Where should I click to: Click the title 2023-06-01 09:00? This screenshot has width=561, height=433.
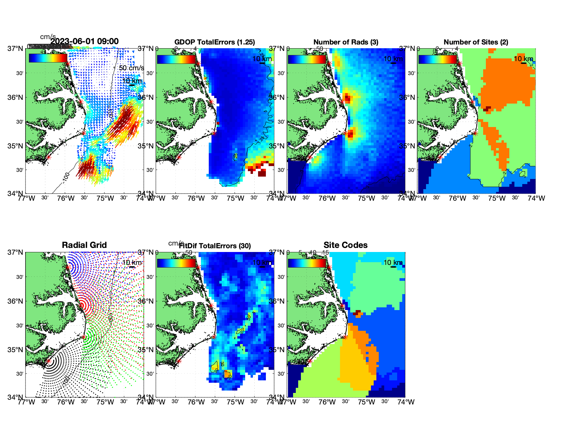coord(84,41)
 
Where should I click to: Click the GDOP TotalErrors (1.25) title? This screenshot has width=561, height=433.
coord(215,42)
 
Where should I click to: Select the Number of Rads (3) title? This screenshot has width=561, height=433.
coord(346,42)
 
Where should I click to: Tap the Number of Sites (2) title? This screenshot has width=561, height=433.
coord(476,42)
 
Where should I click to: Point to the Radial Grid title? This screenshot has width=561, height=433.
coord(84,245)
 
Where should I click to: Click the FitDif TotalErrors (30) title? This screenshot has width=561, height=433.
coord(215,246)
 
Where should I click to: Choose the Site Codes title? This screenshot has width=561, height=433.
coord(345,245)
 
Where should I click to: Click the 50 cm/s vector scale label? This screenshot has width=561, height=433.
coord(131,68)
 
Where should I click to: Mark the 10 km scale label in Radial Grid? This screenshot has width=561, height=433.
coord(132,263)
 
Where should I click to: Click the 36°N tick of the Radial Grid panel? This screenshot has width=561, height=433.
coord(16,301)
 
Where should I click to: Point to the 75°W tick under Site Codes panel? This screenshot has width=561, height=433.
coord(367,402)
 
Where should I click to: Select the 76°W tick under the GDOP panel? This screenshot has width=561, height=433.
coord(196,198)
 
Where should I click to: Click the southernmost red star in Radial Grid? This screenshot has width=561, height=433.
coord(48,361)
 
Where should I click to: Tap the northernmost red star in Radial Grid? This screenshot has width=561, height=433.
coord(68,267)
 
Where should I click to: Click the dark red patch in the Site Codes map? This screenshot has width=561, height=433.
coord(357,312)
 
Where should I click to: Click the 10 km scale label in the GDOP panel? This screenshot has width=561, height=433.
coord(262,59)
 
